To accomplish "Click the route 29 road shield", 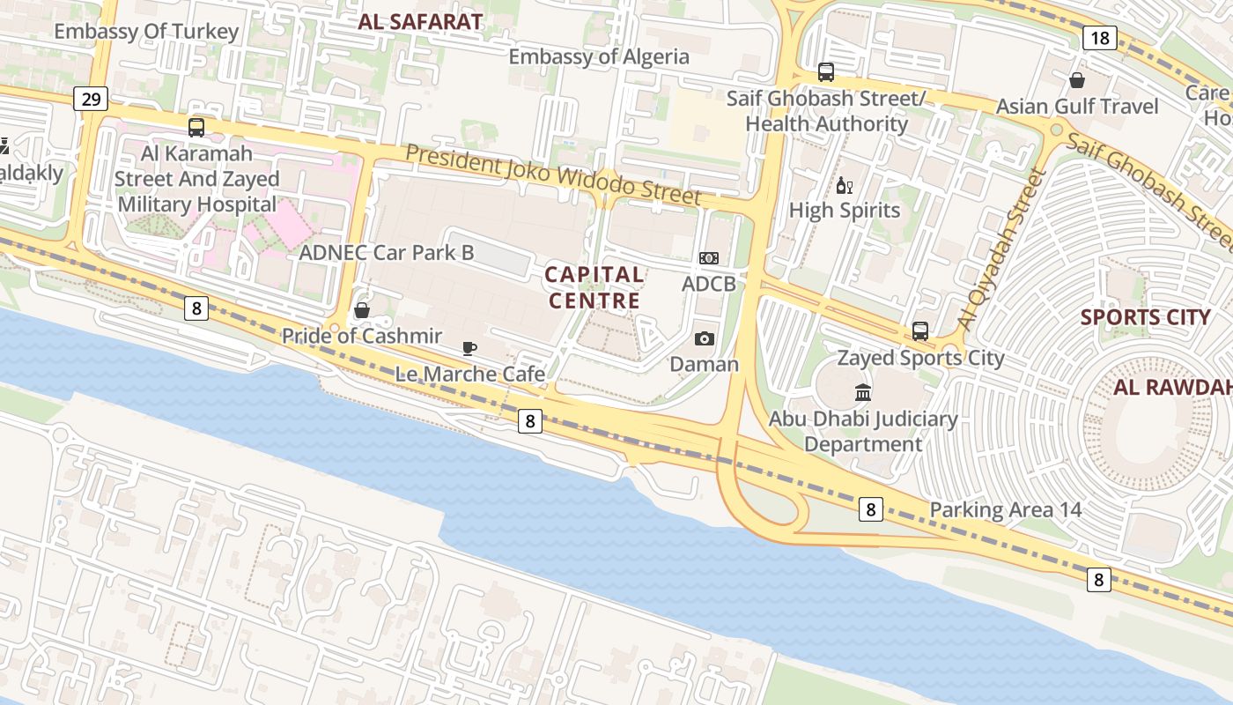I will (x=91, y=99).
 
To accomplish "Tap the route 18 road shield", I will (x=1098, y=38).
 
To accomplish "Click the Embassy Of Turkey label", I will (x=146, y=32).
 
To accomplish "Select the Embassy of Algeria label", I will (x=599, y=57).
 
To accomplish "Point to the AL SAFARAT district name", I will (x=420, y=22).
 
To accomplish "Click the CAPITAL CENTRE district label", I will (x=594, y=287).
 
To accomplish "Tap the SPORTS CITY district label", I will (x=1145, y=317).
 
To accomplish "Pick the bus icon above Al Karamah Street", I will (x=196, y=128).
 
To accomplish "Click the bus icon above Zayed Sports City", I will (x=920, y=331).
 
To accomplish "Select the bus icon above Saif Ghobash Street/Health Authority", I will (x=826, y=72).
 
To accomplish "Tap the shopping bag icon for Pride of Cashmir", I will (x=361, y=310).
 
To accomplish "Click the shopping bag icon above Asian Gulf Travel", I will (x=1076, y=81).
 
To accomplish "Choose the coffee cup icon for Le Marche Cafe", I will (x=469, y=348).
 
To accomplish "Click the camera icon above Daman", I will (x=705, y=338).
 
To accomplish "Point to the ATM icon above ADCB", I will (x=709, y=258).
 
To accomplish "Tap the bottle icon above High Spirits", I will (x=844, y=185).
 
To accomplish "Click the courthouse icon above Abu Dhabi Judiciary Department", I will (x=863, y=392).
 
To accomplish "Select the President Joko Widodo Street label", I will (x=553, y=174).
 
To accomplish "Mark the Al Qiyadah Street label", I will (x=1001, y=250).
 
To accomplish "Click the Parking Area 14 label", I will (x=1006, y=510).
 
